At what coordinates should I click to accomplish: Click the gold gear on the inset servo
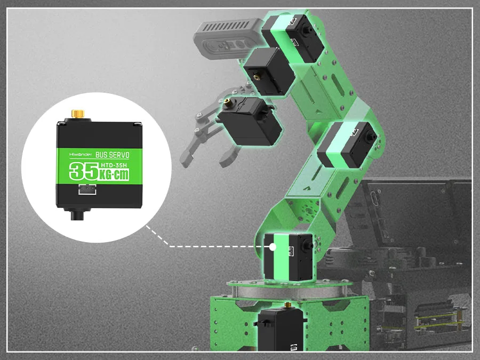click(78, 114)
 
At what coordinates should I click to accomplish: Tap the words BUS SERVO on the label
click(113, 155)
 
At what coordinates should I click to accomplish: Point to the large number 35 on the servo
click(84, 171)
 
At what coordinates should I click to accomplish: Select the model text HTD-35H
click(114, 165)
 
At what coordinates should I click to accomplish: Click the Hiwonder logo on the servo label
click(80, 155)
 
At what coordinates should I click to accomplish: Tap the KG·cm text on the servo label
click(114, 175)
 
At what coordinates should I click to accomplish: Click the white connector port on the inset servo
click(87, 189)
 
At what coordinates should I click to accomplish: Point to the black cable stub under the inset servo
click(77, 214)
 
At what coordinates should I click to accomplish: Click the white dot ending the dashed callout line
click(273, 247)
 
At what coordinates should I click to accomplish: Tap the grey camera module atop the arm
click(228, 36)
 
